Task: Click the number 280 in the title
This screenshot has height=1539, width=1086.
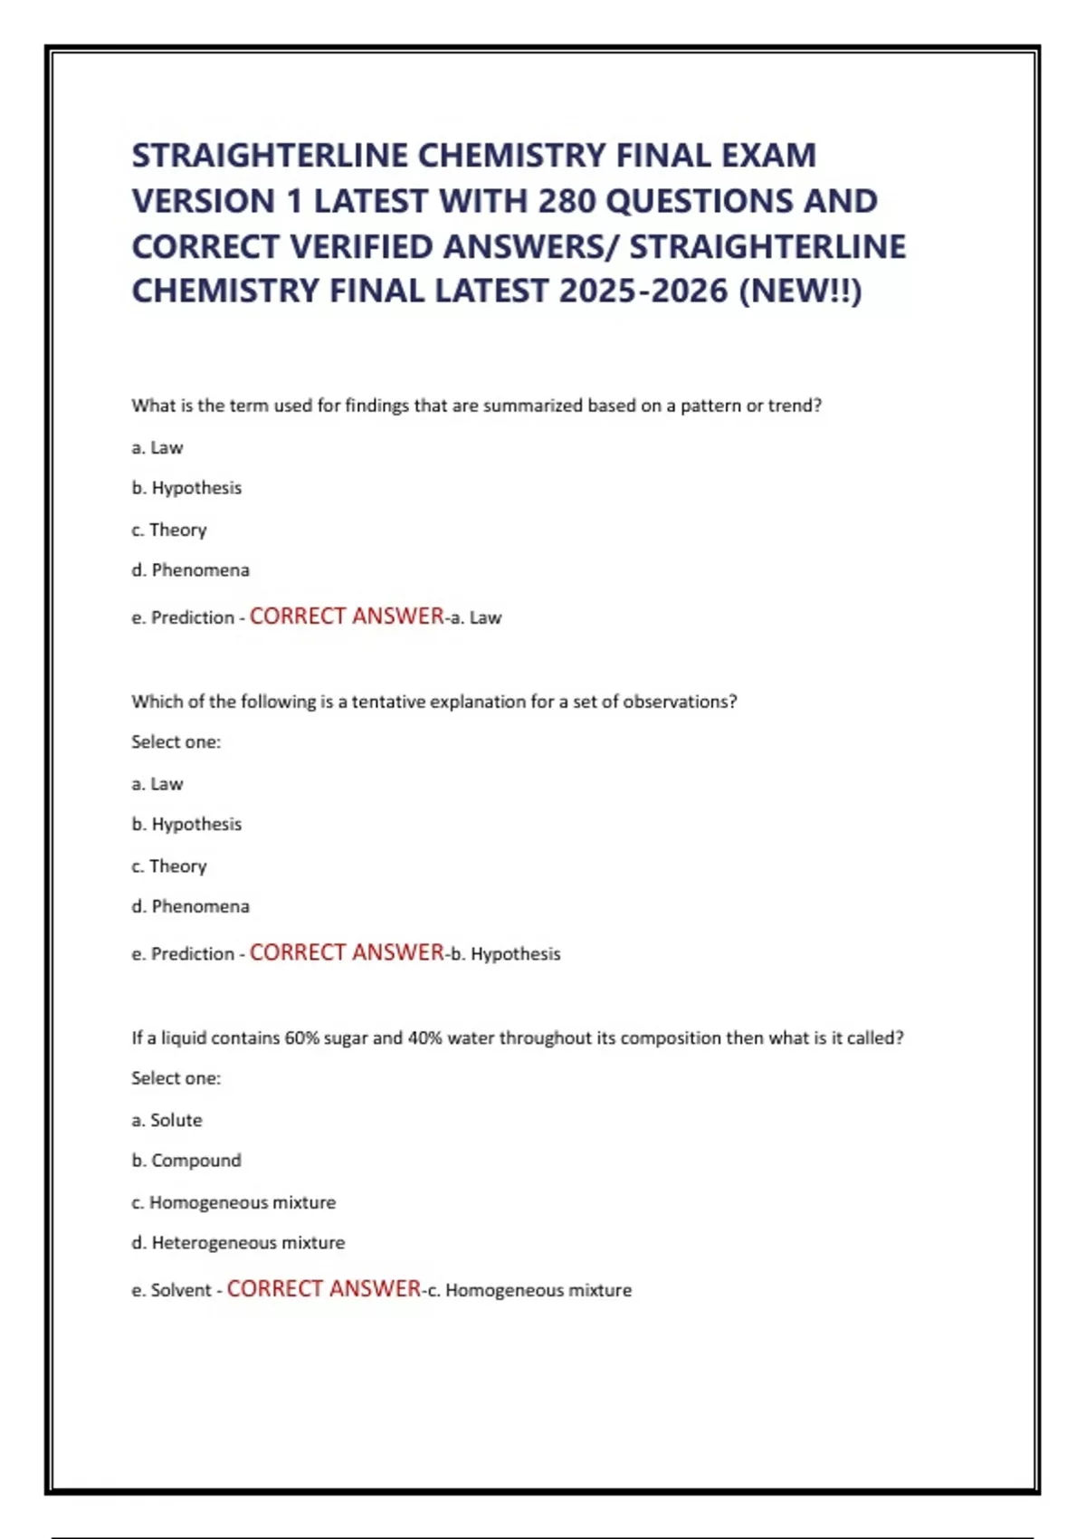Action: tap(567, 201)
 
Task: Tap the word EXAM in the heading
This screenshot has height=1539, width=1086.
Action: tap(768, 156)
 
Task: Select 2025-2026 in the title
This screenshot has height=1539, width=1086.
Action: tap(643, 292)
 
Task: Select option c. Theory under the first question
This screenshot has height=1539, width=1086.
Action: tap(169, 530)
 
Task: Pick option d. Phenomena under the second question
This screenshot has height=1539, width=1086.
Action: tap(190, 906)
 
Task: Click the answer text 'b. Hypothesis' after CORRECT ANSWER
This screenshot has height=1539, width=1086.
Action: tap(506, 953)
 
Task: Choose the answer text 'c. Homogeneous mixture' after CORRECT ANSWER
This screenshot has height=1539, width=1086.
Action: tap(529, 1290)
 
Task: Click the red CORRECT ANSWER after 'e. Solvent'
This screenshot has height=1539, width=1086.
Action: tap(323, 1288)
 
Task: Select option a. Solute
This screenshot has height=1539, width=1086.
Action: tap(167, 1120)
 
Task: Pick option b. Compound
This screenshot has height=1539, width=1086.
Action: tap(186, 1161)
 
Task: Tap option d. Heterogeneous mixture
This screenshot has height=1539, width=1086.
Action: tap(238, 1243)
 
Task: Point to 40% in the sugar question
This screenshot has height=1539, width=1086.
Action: tap(424, 1038)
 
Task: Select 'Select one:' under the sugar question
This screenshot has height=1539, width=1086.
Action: tap(176, 1078)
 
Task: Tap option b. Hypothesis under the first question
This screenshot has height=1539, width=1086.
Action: tap(186, 488)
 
